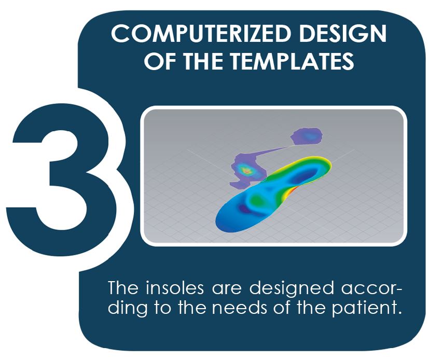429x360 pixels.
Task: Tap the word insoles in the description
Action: pyautogui.click(x=175, y=288)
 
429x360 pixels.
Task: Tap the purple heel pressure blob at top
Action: pyautogui.click(x=307, y=136)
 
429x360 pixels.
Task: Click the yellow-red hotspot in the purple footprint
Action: pyautogui.click(x=246, y=171)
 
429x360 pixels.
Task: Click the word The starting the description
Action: pyautogui.click(x=123, y=287)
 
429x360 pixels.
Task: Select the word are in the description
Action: pyautogui.click(x=226, y=290)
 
